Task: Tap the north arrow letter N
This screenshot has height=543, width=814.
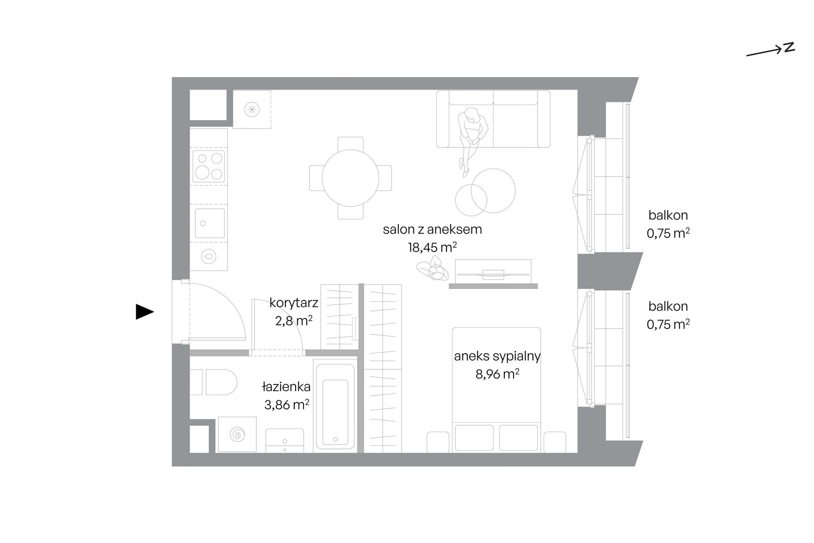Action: click(x=790, y=47)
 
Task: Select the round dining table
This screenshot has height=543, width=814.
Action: click(x=350, y=178)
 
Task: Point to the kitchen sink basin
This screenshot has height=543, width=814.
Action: click(x=209, y=223)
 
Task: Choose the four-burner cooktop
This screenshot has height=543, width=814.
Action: click(x=209, y=166)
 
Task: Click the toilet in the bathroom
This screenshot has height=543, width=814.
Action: click(x=214, y=382)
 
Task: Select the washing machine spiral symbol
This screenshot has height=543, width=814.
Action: click(x=237, y=435)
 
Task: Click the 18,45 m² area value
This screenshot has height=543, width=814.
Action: click(x=432, y=247)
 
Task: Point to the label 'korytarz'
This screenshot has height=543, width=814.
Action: click(x=294, y=303)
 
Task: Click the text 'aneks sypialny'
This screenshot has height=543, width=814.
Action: click(x=497, y=356)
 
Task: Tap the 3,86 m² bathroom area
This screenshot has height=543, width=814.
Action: click(x=287, y=405)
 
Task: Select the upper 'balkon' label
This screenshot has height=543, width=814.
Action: click(x=668, y=215)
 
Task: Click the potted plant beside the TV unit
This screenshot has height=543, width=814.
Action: click(x=433, y=268)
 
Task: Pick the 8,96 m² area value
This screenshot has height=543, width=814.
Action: click(x=497, y=374)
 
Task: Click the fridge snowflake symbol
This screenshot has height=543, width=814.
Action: click(x=252, y=109)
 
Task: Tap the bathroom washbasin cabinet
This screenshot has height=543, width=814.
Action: click(x=285, y=441)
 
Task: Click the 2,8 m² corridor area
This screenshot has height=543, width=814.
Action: click(x=294, y=321)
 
